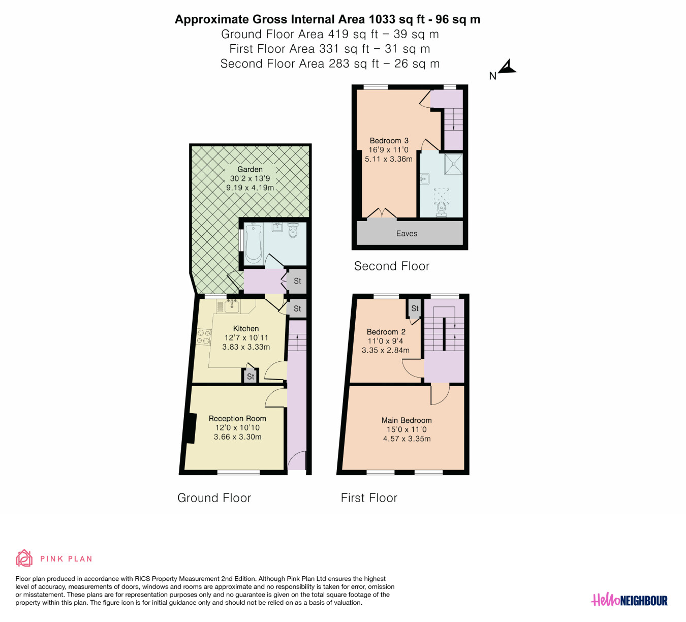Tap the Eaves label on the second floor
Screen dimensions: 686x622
point(407,234)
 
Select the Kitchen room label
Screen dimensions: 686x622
point(246,328)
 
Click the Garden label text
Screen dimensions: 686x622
point(250,169)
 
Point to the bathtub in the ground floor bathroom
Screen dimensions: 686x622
point(254,243)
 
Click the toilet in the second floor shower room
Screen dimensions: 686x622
point(442,209)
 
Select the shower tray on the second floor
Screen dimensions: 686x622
point(453,164)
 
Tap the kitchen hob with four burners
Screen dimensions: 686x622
point(204,336)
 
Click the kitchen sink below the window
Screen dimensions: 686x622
point(232,306)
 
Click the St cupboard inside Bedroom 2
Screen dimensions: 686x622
point(415,308)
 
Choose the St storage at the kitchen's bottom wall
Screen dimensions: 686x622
point(251,377)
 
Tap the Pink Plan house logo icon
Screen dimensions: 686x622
point(24,558)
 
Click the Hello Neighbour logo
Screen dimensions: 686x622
point(629,600)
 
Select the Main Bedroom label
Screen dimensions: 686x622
point(407,420)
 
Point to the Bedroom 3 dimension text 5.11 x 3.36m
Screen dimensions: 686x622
point(389,159)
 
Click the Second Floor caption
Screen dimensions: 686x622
point(392,266)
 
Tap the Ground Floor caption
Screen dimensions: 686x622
point(214,498)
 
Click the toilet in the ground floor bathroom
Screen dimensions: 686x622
point(293,230)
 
